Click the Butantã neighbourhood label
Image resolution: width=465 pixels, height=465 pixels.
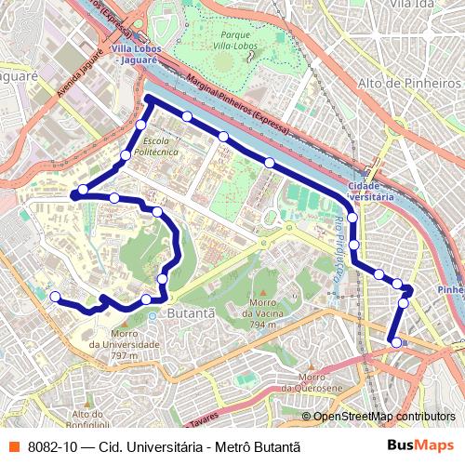[190, 313]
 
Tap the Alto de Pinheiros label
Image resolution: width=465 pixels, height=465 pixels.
[409, 83]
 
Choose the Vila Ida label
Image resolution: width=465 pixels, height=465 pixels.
[414, 5]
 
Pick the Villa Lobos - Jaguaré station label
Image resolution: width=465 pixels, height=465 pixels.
[136, 53]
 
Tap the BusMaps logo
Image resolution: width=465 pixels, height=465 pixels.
[420, 445]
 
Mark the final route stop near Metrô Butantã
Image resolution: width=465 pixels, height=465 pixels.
[396, 342]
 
